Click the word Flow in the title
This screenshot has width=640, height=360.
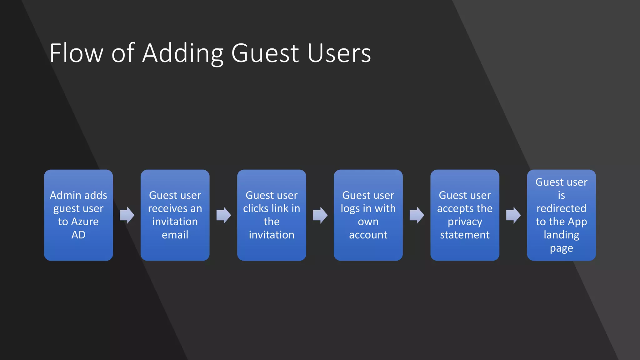pyautogui.click(x=76, y=53)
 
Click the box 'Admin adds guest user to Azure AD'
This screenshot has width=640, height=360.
pyautogui.click(x=78, y=215)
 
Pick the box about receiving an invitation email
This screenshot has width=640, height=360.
pyautogui.click(x=175, y=215)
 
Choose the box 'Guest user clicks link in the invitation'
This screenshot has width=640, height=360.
pyautogui.click(x=272, y=215)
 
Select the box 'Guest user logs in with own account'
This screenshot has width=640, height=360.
pyautogui.click(x=368, y=215)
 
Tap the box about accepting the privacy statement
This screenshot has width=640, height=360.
pyautogui.click(x=465, y=215)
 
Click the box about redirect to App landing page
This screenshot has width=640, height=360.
pyautogui.click(x=561, y=215)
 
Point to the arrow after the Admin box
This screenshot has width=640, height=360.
pyautogui.click(x=127, y=215)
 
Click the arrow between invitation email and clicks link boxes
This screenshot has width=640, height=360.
pyautogui.click(x=223, y=215)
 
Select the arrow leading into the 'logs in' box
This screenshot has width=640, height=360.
pyautogui.click(x=320, y=215)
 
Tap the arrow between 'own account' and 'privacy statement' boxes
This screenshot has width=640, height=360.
pyautogui.click(x=417, y=215)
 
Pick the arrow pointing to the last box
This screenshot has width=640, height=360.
pyautogui.click(x=513, y=215)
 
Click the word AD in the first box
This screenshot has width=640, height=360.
pyautogui.click(x=78, y=235)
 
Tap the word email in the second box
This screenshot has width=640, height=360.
pyautogui.click(x=175, y=235)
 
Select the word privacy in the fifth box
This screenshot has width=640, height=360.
pyautogui.click(x=465, y=222)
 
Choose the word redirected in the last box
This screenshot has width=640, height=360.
pyautogui.click(x=561, y=208)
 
